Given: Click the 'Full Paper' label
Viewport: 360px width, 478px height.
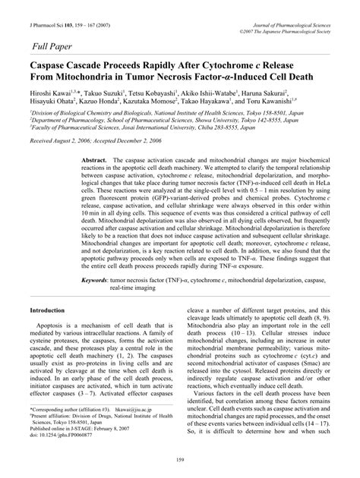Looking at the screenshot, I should click(x=55, y=46).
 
